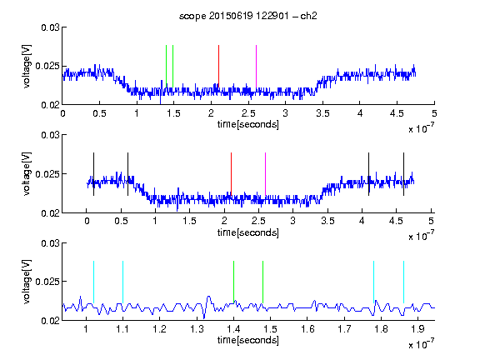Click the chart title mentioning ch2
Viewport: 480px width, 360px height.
coord(248,16)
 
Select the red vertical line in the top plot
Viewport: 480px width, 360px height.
coord(218,66)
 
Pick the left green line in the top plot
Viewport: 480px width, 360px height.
coord(166,66)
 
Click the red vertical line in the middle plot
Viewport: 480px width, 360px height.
coord(231,173)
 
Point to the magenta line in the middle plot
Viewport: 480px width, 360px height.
coord(265,173)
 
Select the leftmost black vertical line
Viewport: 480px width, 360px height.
coord(93,174)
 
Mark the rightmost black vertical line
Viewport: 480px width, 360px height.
coord(403,174)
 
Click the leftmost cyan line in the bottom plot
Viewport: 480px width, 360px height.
coord(93,282)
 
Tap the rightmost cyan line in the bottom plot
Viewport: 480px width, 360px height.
coord(403,282)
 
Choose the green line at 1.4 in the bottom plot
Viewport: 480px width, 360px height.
coord(233,282)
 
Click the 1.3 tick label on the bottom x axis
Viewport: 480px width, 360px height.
coord(197,329)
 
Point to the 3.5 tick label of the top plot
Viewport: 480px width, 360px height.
coord(322,113)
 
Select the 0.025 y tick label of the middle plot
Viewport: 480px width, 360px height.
coord(47,174)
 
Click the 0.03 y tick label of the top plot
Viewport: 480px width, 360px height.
coord(50,27)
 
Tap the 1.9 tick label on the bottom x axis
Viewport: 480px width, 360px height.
coord(417,329)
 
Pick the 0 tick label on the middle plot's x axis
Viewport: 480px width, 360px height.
coord(87,221)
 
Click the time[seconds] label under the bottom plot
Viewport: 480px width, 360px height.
coord(248,340)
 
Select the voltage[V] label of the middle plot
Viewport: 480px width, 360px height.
coord(27,174)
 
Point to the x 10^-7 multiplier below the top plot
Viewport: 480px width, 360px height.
coord(421,127)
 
